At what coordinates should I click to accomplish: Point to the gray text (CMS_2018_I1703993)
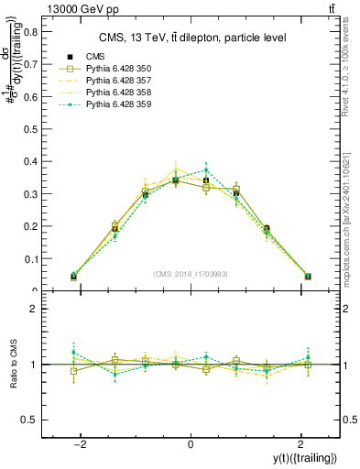pos(191,275)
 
